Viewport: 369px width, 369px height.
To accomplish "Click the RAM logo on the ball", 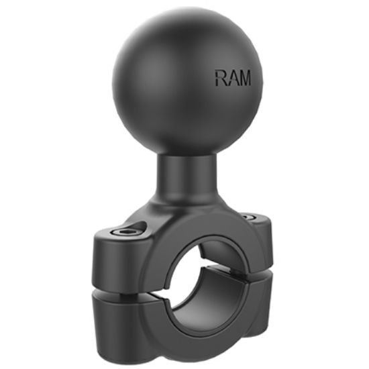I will [233, 78].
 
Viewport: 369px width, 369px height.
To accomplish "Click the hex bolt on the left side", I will [127, 231].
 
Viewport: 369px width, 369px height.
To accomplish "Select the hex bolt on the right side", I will [248, 217].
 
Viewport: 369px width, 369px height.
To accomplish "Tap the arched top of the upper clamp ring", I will [195, 231].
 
